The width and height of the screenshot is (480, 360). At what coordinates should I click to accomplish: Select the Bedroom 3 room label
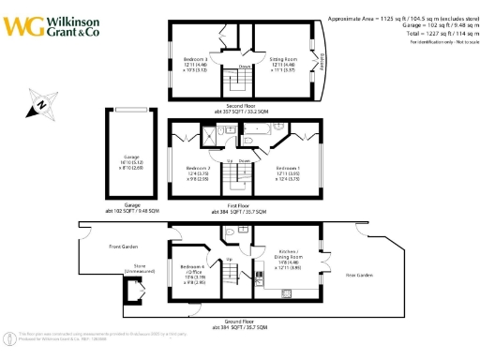point(196,64)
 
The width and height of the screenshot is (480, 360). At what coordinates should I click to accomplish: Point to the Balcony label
point(322,61)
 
